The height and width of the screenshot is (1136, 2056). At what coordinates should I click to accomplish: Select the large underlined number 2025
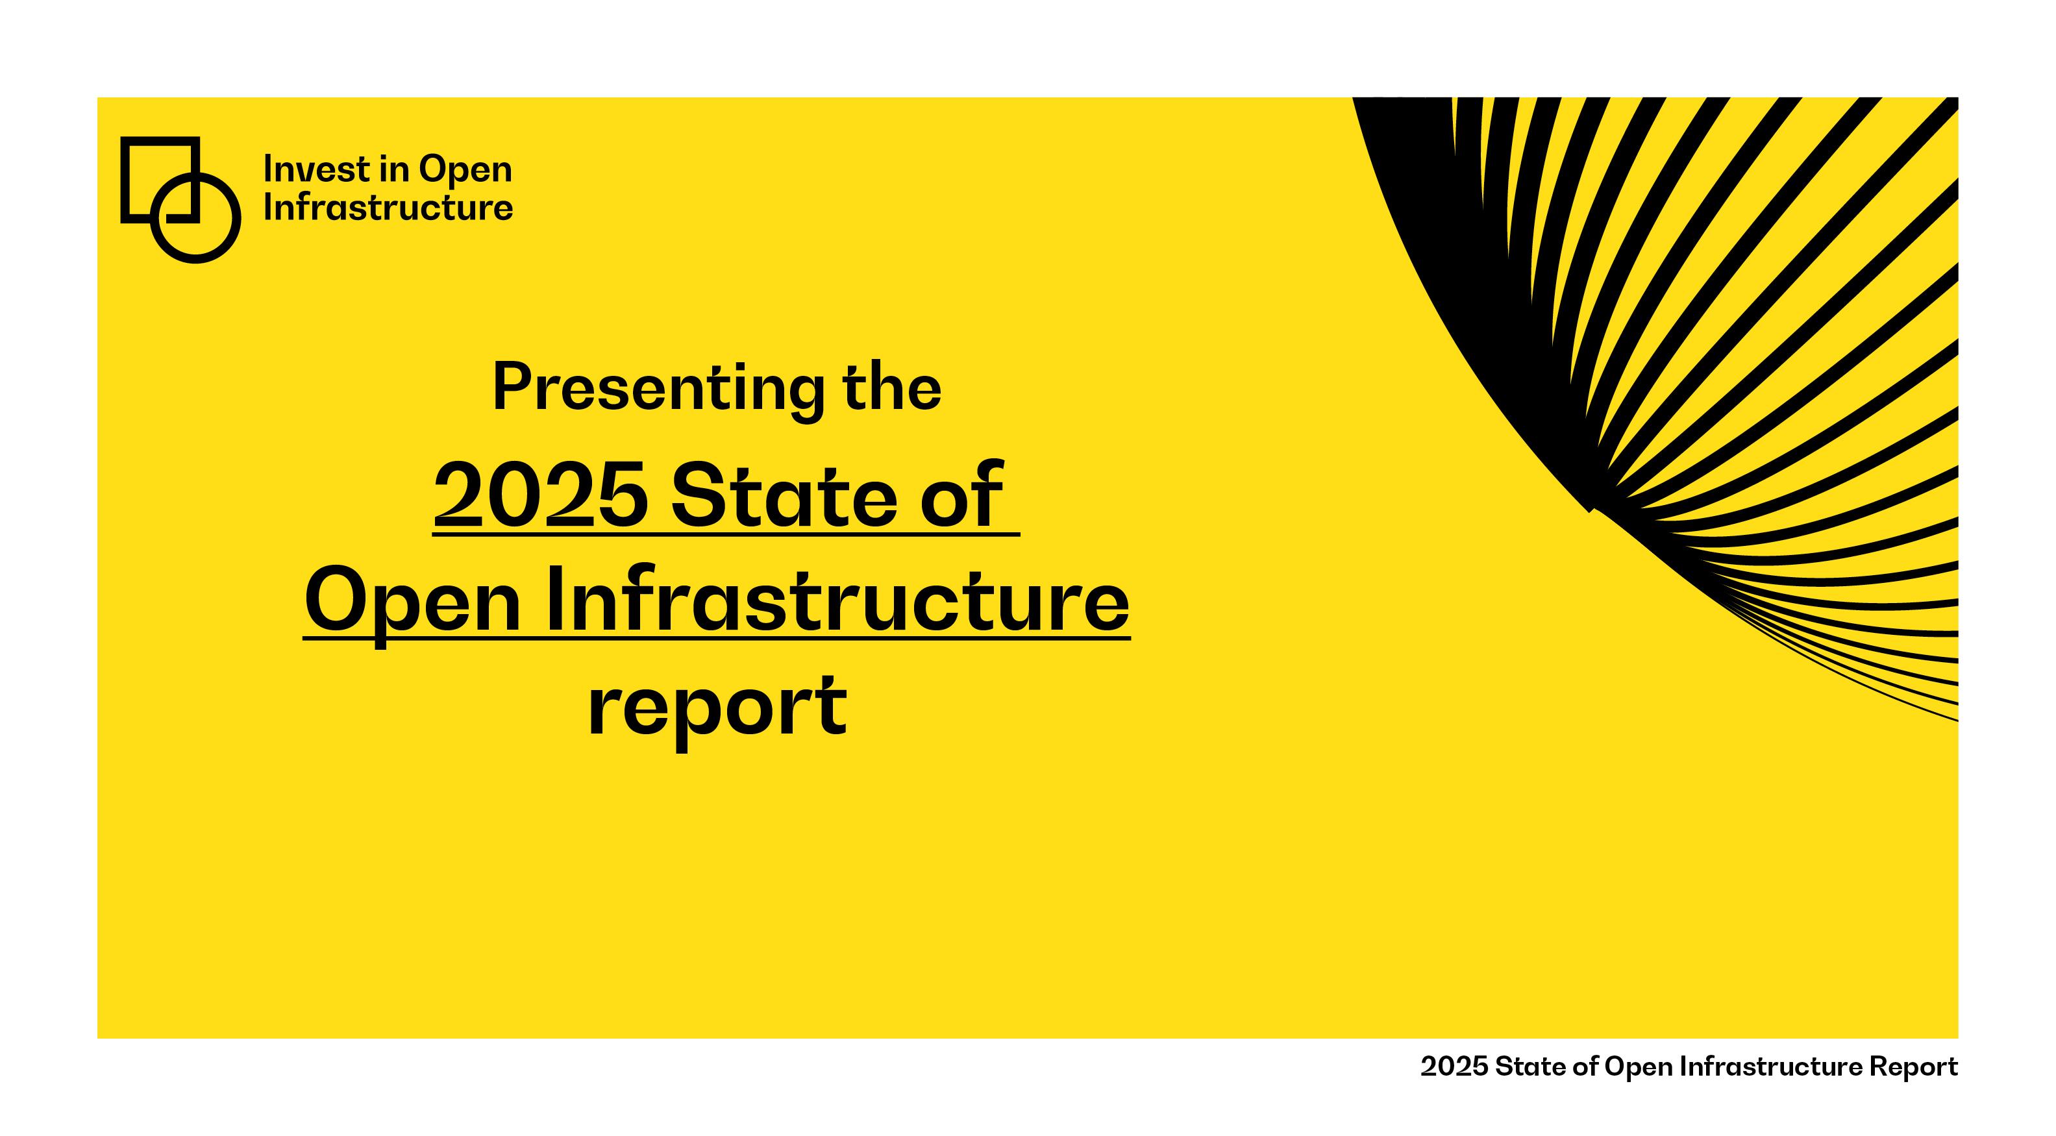point(540,495)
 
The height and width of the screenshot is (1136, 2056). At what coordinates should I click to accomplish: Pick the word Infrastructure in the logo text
point(388,208)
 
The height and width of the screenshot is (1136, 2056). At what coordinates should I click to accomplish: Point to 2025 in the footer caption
point(1455,1067)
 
